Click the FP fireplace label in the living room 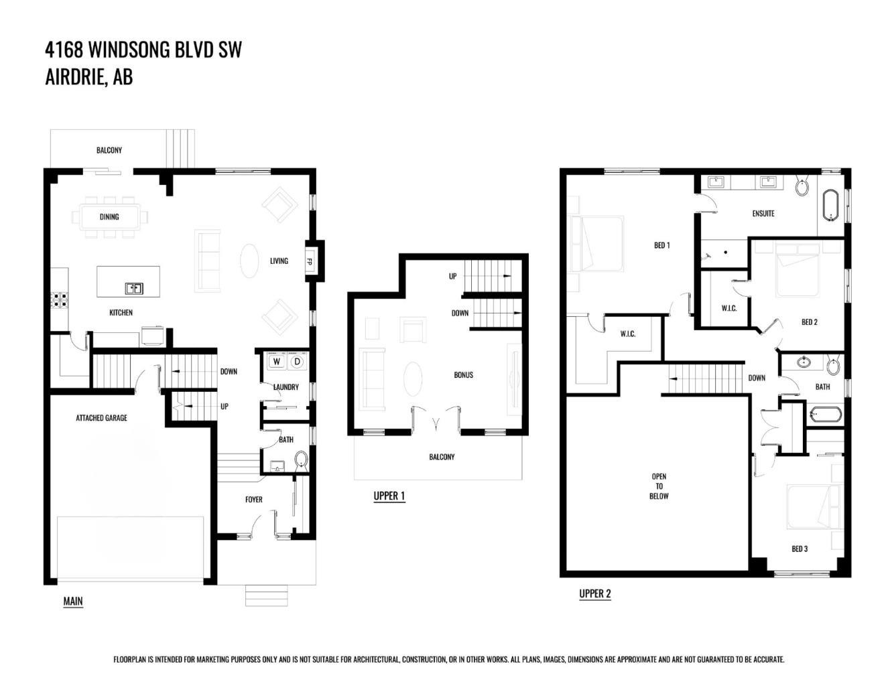click(x=310, y=261)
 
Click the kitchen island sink click(x=134, y=289)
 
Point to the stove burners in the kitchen click(x=59, y=299)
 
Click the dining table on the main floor click(x=110, y=216)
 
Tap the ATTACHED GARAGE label click(x=101, y=418)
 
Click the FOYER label click(x=253, y=500)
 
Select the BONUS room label click(x=463, y=375)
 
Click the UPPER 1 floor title click(x=389, y=496)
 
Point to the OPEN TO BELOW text click(x=659, y=486)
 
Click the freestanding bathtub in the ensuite click(x=830, y=205)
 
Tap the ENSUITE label click(x=763, y=214)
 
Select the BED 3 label click(x=800, y=549)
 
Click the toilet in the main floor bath click(x=300, y=460)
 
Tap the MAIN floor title click(x=73, y=602)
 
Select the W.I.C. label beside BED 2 click(x=729, y=309)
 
